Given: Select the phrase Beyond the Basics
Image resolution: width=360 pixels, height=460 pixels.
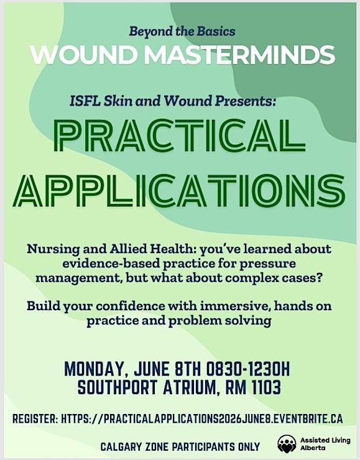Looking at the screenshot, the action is (x=182, y=31).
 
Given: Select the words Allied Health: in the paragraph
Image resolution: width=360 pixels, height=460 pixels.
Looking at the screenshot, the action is (x=154, y=249).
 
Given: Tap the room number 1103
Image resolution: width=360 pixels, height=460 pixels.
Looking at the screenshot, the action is (x=266, y=387).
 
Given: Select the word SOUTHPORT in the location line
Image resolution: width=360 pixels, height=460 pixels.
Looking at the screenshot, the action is (x=118, y=387).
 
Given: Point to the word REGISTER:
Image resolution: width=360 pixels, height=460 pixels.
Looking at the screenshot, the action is (x=35, y=418).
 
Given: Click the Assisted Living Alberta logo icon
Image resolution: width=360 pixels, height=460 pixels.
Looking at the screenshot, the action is (x=287, y=444).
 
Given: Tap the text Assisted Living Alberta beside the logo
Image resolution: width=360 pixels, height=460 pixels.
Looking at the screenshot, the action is (x=325, y=444).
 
